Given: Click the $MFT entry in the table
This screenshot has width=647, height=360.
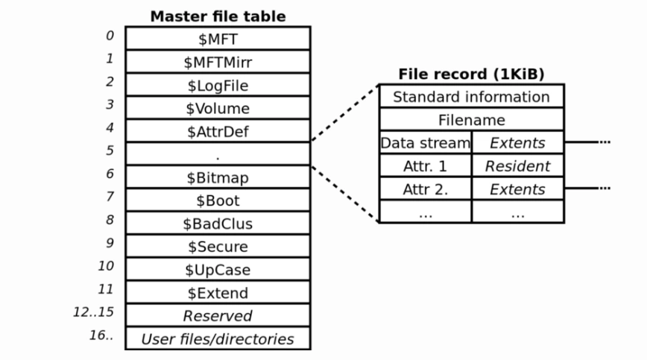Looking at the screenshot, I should click(217, 40).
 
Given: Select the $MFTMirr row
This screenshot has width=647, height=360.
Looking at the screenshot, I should click(217, 63).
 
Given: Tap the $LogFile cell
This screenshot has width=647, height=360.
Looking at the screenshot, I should click(217, 86).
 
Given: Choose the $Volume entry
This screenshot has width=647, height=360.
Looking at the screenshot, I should click(217, 109).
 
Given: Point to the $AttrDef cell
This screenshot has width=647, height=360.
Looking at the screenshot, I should click(217, 132).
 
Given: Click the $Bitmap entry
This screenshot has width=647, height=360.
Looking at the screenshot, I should click(217, 178).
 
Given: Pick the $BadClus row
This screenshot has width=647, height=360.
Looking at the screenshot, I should click(217, 224).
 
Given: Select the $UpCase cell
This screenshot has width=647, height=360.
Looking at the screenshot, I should click(217, 270).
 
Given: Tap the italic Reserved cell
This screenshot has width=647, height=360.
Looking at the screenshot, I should click(217, 316).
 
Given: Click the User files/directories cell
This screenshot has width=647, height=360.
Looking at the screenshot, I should click(217, 339).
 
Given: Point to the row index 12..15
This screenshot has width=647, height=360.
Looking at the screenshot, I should click(93, 312).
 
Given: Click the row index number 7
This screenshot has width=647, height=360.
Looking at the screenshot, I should click(110, 197).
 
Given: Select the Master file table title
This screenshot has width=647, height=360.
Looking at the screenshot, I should click(218, 16).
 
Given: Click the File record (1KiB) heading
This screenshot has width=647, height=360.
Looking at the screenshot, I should click(471, 74).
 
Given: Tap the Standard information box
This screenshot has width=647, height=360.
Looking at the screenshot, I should click(471, 97).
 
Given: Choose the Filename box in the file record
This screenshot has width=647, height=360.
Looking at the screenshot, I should click(471, 120).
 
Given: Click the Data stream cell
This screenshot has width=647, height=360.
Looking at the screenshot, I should click(425, 142).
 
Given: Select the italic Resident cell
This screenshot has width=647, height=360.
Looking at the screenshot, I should click(517, 166).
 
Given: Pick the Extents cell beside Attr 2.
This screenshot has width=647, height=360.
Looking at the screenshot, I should click(517, 189).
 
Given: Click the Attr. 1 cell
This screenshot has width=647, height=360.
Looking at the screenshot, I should click(425, 166).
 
